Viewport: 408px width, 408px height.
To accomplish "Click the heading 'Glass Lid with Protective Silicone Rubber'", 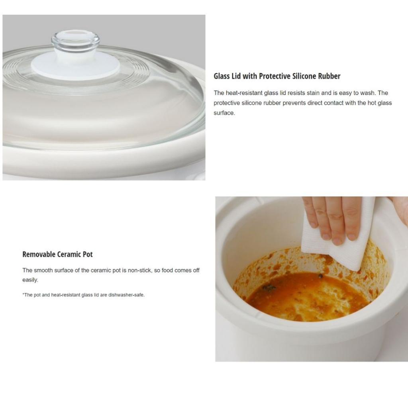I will pos(277,76).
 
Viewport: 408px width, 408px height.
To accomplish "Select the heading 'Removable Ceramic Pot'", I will pos(57,254).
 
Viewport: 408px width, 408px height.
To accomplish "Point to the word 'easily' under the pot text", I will pos(30,280).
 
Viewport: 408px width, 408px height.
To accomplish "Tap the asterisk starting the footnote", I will pos(23,295).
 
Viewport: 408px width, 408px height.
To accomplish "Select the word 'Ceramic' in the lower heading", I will pos(71,254).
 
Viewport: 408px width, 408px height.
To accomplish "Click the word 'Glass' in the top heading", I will pos(222,76).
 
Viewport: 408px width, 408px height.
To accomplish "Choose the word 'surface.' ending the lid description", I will pos(224,113).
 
